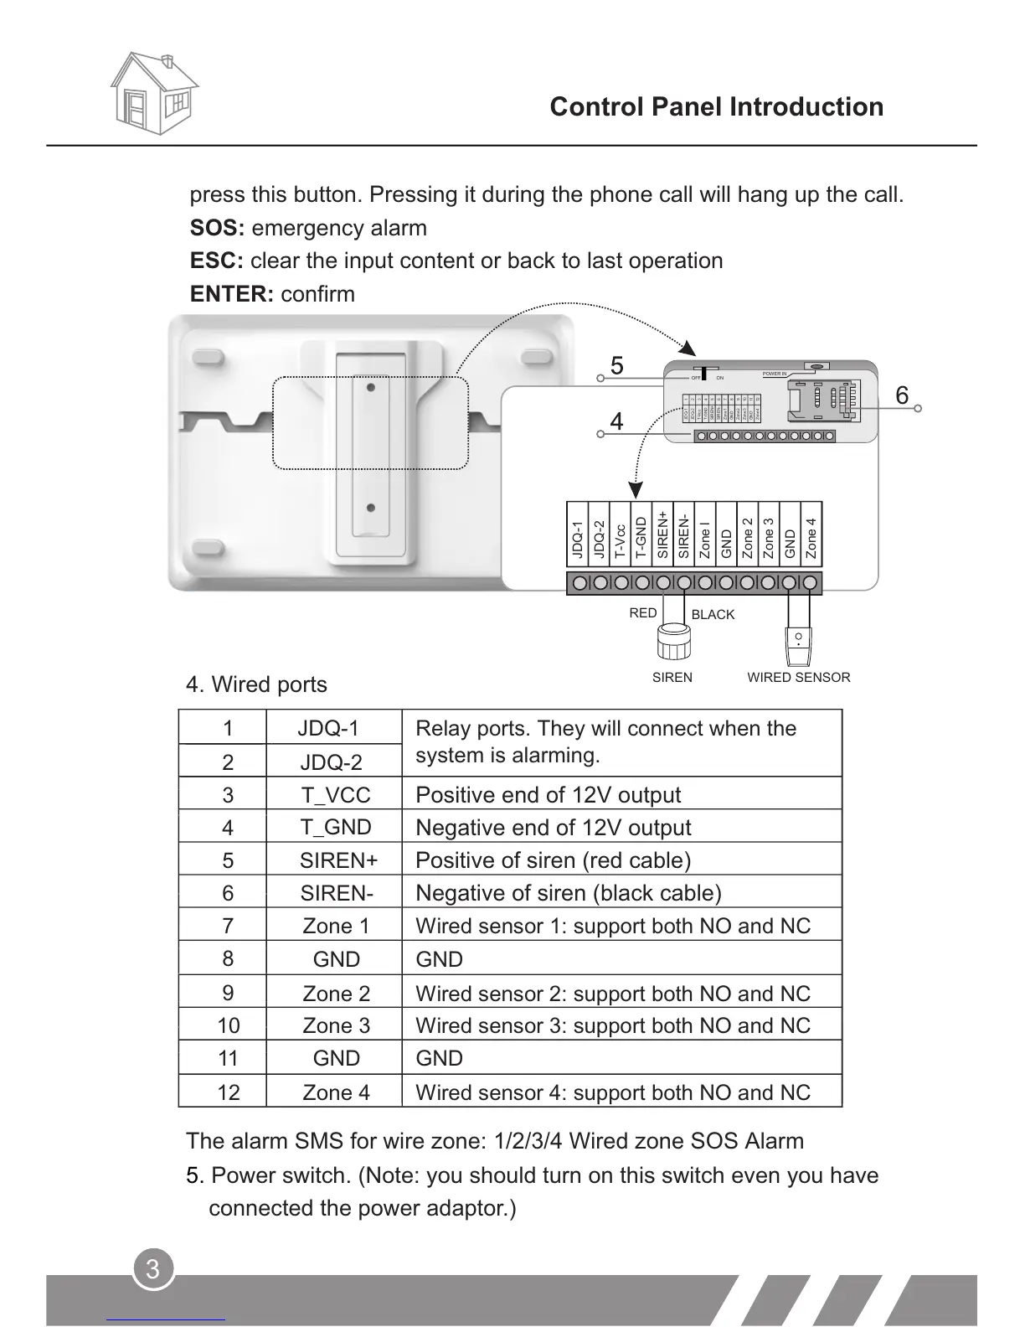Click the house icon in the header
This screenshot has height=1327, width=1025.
pyautogui.click(x=155, y=93)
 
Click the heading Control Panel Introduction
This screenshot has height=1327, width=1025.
pyautogui.click(x=716, y=107)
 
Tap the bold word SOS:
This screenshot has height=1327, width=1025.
pyautogui.click(x=217, y=228)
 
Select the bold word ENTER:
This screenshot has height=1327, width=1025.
pyautogui.click(x=232, y=294)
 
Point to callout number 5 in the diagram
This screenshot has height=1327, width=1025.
pyautogui.click(x=617, y=366)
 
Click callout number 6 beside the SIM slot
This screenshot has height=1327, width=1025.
pyautogui.click(x=902, y=395)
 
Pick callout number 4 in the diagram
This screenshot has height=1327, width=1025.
pyautogui.click(x=617, y=421)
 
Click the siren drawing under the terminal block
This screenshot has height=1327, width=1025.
pyautogui.click(x=673, y=641)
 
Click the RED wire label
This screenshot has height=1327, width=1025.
pyautogui.click(x=643, y=613)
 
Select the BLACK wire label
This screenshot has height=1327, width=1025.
pyautogui.click(x=713, y=615)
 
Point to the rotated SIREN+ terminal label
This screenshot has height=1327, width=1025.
pyautogui.click(x=663, y=534)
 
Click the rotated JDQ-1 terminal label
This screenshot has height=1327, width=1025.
pyautogui.click(x=577, y=540)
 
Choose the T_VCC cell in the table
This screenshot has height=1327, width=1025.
pyautogui.click(x=336, y=795)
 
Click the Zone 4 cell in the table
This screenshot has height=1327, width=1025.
pyautogui.click(x=336, y=1092)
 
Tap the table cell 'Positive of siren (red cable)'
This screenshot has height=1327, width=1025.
pyautogui.click(x=553, y=860)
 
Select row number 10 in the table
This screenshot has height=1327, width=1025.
pyautogui.click(x=228, y=1025)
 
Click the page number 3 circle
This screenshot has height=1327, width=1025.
pyautogui.click(x=152, y=1269)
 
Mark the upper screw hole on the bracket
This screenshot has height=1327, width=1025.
pyautogui.click(x=370, y=388)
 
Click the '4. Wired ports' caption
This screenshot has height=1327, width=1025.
pyautogui.click(x=256, y=684)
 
